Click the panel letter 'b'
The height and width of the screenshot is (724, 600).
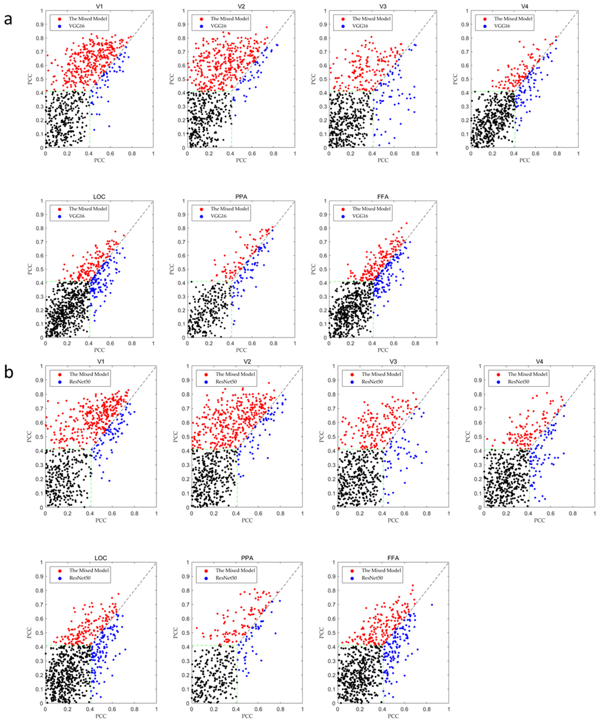click(9, 372)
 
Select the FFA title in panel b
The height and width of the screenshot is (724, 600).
click(393, 558)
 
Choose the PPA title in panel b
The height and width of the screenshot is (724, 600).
click(247, 558)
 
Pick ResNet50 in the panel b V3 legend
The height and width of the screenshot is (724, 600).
click(372, 382)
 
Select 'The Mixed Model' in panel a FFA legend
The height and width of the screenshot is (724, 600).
click(371, 209)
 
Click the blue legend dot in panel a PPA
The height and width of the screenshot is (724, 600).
click(202, 216)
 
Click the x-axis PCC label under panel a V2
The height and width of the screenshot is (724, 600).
click(241, 160)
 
